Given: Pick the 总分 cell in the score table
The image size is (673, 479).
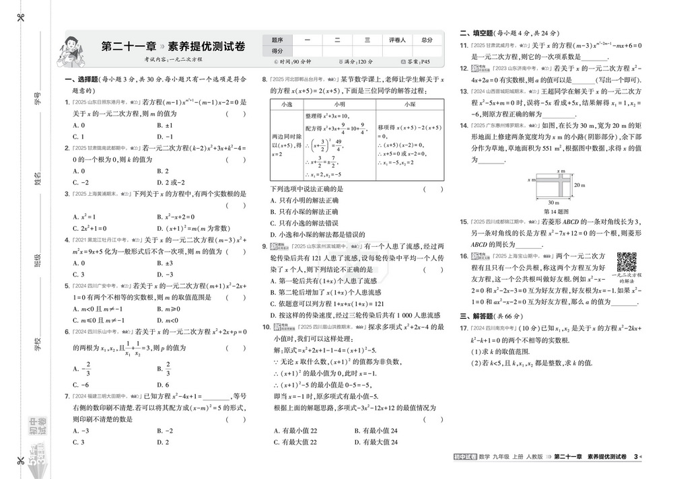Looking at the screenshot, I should click(x=426, y=40).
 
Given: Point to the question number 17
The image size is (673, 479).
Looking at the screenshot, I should click(x=464, y=328).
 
